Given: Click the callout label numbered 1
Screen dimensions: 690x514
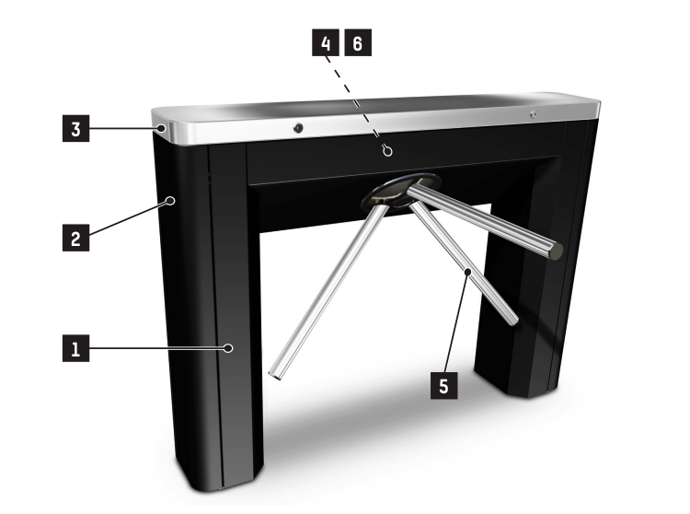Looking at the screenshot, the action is coord(75,348).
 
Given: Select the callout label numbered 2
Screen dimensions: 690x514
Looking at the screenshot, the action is coord(75,238).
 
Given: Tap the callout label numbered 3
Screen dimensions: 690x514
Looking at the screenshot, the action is coord(75,128).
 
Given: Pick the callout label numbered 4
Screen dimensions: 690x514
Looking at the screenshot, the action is coord(326,42).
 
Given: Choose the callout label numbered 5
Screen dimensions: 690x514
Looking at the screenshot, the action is coord(443,385).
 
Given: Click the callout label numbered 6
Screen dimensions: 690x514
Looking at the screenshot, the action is coord(358,42).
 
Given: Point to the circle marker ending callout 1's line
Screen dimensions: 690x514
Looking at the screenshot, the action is coord(228,348).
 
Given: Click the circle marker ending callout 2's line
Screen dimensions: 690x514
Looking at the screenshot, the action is coord(170,201).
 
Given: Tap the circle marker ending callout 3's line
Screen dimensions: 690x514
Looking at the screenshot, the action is coord(162,128).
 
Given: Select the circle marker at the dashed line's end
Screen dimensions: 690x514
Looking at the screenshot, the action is coord(387,151).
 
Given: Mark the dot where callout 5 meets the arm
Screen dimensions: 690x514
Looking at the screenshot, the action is coord(468,272).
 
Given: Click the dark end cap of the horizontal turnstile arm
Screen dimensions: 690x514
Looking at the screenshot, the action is coord(556,251).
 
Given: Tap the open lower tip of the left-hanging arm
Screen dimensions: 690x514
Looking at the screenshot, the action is coord(275,376).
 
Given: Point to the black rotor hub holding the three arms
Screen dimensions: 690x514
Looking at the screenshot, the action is coord(401,191).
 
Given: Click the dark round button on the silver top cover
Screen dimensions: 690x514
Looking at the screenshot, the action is coord(298,128).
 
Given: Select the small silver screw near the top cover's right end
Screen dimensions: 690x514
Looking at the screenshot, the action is coord(534,114).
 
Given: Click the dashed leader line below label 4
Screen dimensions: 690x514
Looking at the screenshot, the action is coord(355,100).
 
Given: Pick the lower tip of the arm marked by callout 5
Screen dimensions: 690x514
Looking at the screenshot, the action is coord(514,321).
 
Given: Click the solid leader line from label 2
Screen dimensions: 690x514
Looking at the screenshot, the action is coord(128,218).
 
